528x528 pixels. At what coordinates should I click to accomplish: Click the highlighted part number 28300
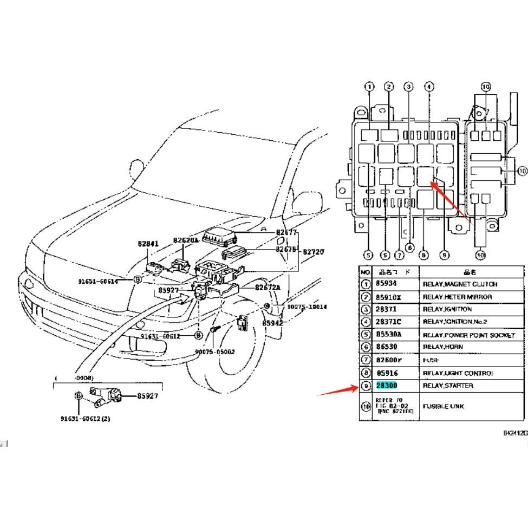(x=387, y=386)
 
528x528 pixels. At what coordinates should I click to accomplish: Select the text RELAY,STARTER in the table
(x=447, y=386)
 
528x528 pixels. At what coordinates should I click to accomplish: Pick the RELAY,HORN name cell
(x=442, y=347)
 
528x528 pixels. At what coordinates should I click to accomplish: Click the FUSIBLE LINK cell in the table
(x=443, y=406)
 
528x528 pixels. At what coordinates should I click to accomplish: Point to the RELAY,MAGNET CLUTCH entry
(x=459, y=284)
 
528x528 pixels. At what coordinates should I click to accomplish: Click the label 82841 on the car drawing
(x=148, y=244)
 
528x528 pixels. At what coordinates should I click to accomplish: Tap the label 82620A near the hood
(x=186, y=240)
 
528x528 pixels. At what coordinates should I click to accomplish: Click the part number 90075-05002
(x=216, y=351)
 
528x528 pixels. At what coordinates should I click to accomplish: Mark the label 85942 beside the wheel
(x=273, y=323)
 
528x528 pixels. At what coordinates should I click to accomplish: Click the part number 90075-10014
(x=307, y=307)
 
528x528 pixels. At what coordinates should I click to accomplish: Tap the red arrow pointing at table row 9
(x=335, y=389)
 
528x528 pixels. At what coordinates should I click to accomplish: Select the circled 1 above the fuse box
(x=369, y=87)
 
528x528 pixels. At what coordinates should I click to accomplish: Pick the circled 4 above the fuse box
(x=428, y=87)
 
